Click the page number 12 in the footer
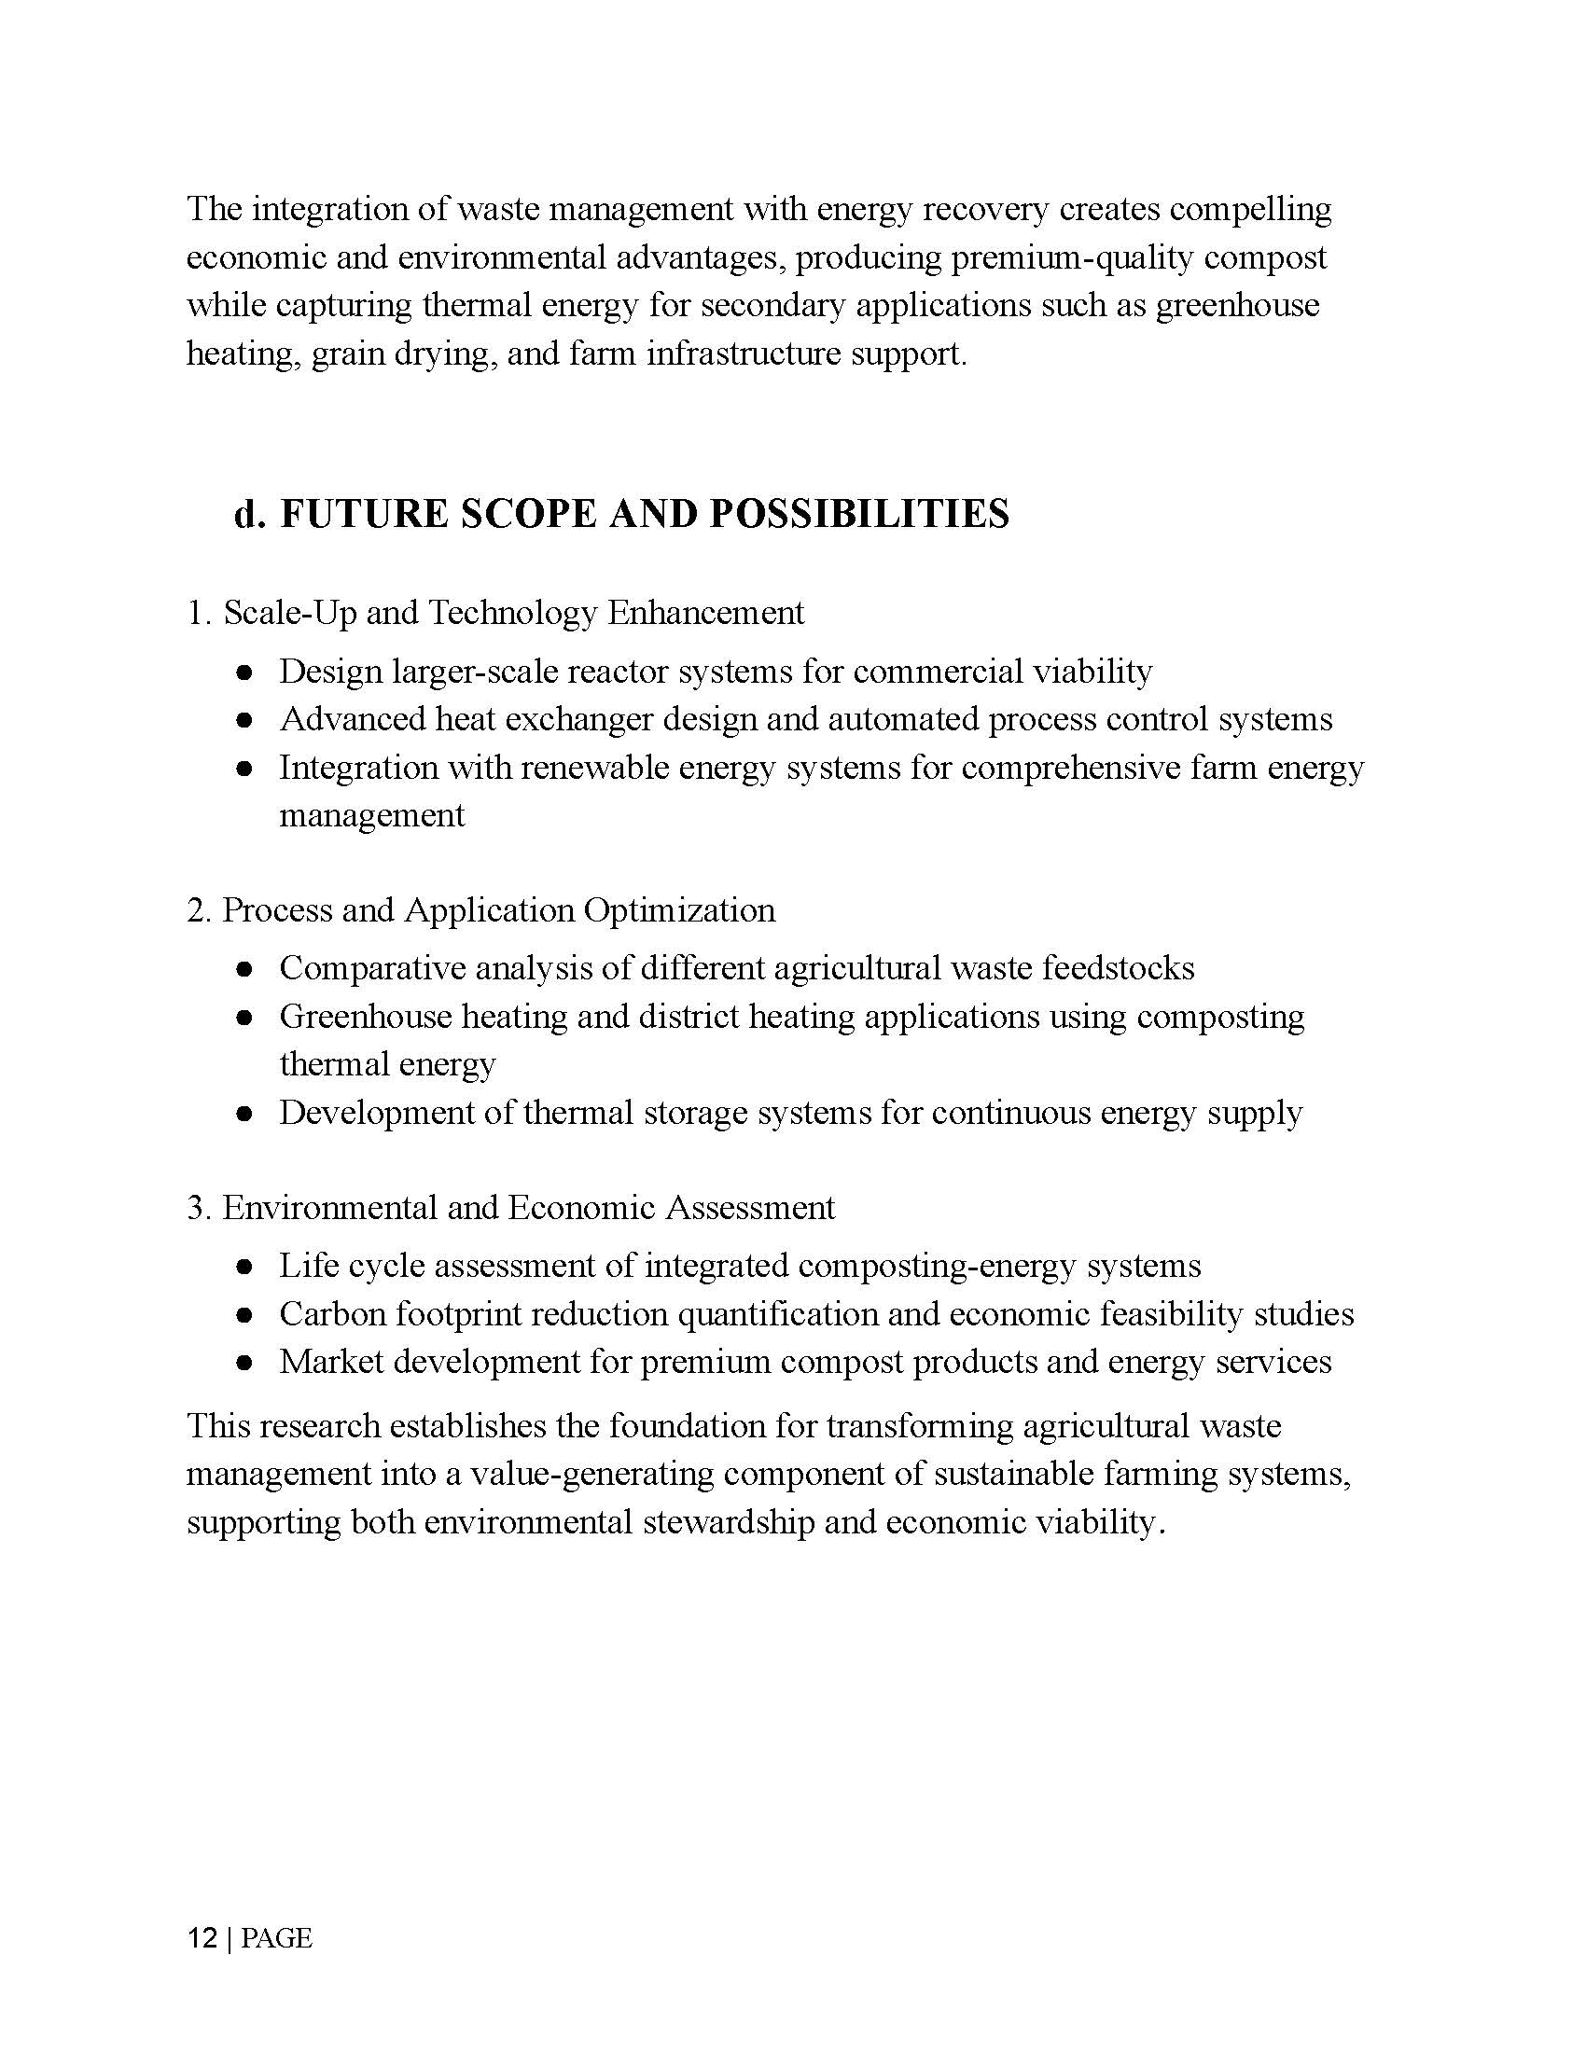[202, 1937]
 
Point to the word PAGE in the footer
[276, 1937]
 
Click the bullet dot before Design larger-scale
[244, 672]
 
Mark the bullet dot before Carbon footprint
[244, 1315]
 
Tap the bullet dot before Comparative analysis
[244, 970]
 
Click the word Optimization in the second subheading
[679, 910]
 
